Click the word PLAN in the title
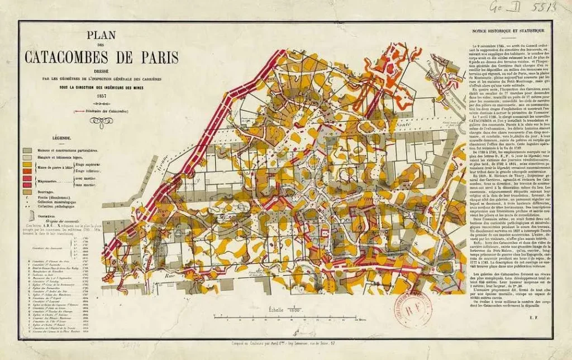pos(101,36)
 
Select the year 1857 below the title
pos(102,96)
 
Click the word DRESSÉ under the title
pos(102,71)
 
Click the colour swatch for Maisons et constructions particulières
pos(26,150)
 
